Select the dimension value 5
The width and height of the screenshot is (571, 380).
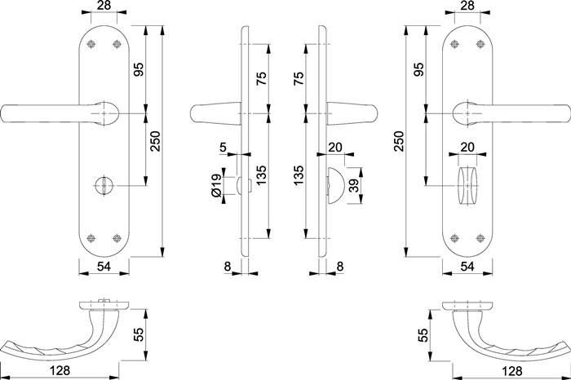pos(224,148)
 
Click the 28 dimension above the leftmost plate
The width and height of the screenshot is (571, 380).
pos(104,7)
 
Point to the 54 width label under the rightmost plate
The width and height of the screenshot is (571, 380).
pos(467,267)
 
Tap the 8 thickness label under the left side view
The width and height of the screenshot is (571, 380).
pos(226,265)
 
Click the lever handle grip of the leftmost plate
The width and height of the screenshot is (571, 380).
pos(41,113)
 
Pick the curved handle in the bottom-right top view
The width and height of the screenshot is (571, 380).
pos(506,342)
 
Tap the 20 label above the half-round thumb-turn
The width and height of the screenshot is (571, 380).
pos(335,148)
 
